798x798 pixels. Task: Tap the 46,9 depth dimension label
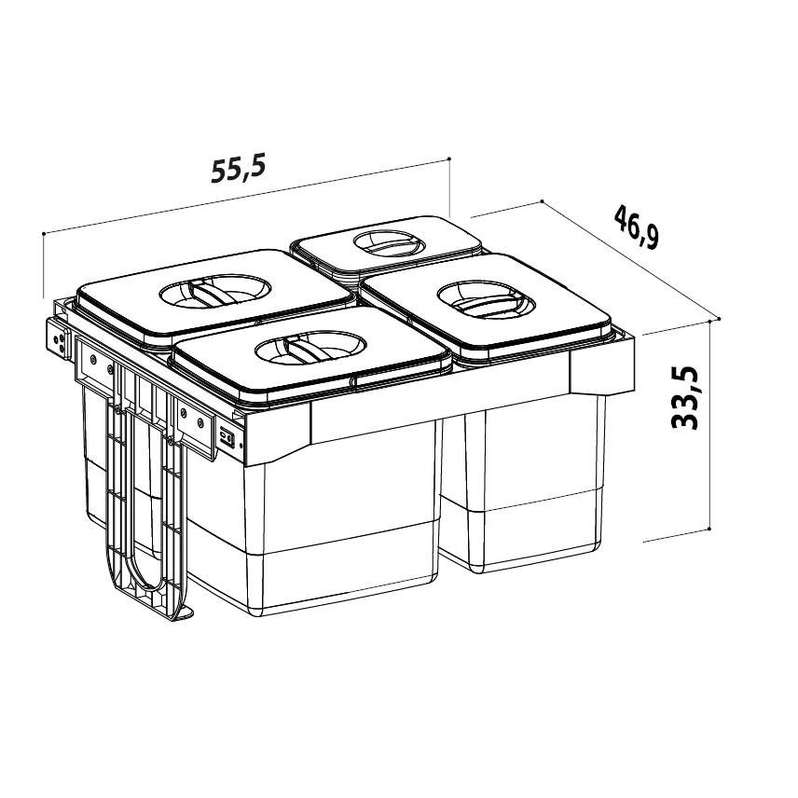point(636,227)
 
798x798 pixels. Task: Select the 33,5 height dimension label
point(685,398)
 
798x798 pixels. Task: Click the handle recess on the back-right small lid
point(389,242)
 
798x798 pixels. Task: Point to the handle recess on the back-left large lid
point(214,291)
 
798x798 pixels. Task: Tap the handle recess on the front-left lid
point(310,348)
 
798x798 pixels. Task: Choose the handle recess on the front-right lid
point(486,300)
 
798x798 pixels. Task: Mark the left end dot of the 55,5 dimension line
point(44,234)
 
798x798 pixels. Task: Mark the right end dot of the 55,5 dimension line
point(449,158)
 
